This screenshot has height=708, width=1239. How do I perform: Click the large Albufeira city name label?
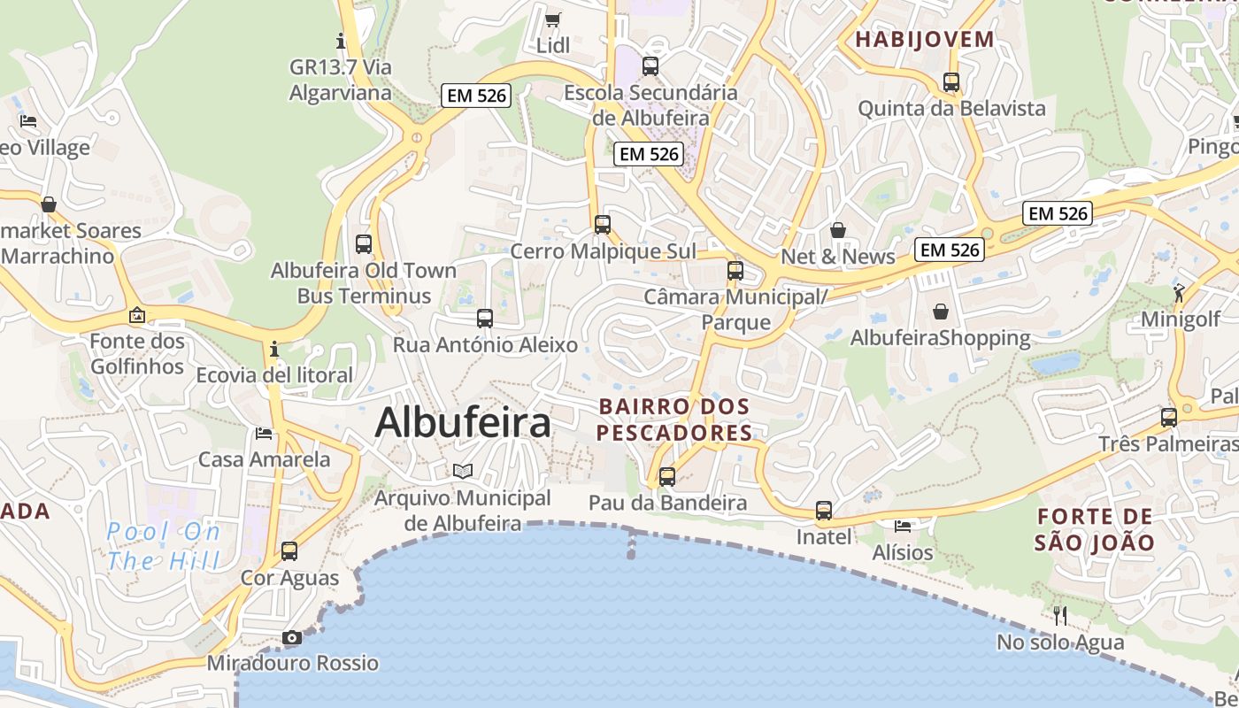point(463,422)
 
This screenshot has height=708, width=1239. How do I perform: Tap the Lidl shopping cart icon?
point(553,19)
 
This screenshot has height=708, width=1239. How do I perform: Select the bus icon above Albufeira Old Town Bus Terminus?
point(364,243)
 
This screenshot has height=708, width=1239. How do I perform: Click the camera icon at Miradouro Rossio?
point(291,637)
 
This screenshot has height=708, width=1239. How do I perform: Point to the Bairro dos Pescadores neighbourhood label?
point(674,419)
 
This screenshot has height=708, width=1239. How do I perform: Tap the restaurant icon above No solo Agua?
point(1059,615)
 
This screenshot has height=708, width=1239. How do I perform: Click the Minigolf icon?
point(1179,293)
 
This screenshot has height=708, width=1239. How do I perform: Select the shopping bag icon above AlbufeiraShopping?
point(940,312)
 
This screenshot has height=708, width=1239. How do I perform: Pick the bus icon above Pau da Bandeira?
point(667,476)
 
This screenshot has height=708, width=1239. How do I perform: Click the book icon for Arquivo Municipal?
point(463,471)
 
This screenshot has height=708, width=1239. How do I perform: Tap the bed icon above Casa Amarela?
point(264,433)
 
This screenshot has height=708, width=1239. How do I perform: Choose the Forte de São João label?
point(1095,529)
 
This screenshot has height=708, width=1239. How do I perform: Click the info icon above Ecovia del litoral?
point(274,349)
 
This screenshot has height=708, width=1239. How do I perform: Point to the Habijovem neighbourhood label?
point(925,39)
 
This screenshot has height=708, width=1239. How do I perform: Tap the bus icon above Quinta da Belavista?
point(951,81)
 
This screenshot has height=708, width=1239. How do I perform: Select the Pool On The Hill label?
point(163,546)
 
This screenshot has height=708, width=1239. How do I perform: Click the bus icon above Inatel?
point(824,510)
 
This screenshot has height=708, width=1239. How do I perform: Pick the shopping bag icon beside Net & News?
point(838,230)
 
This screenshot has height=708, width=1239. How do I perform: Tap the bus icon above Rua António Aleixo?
point(485,318)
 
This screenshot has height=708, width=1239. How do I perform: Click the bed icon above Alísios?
point(903,526)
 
